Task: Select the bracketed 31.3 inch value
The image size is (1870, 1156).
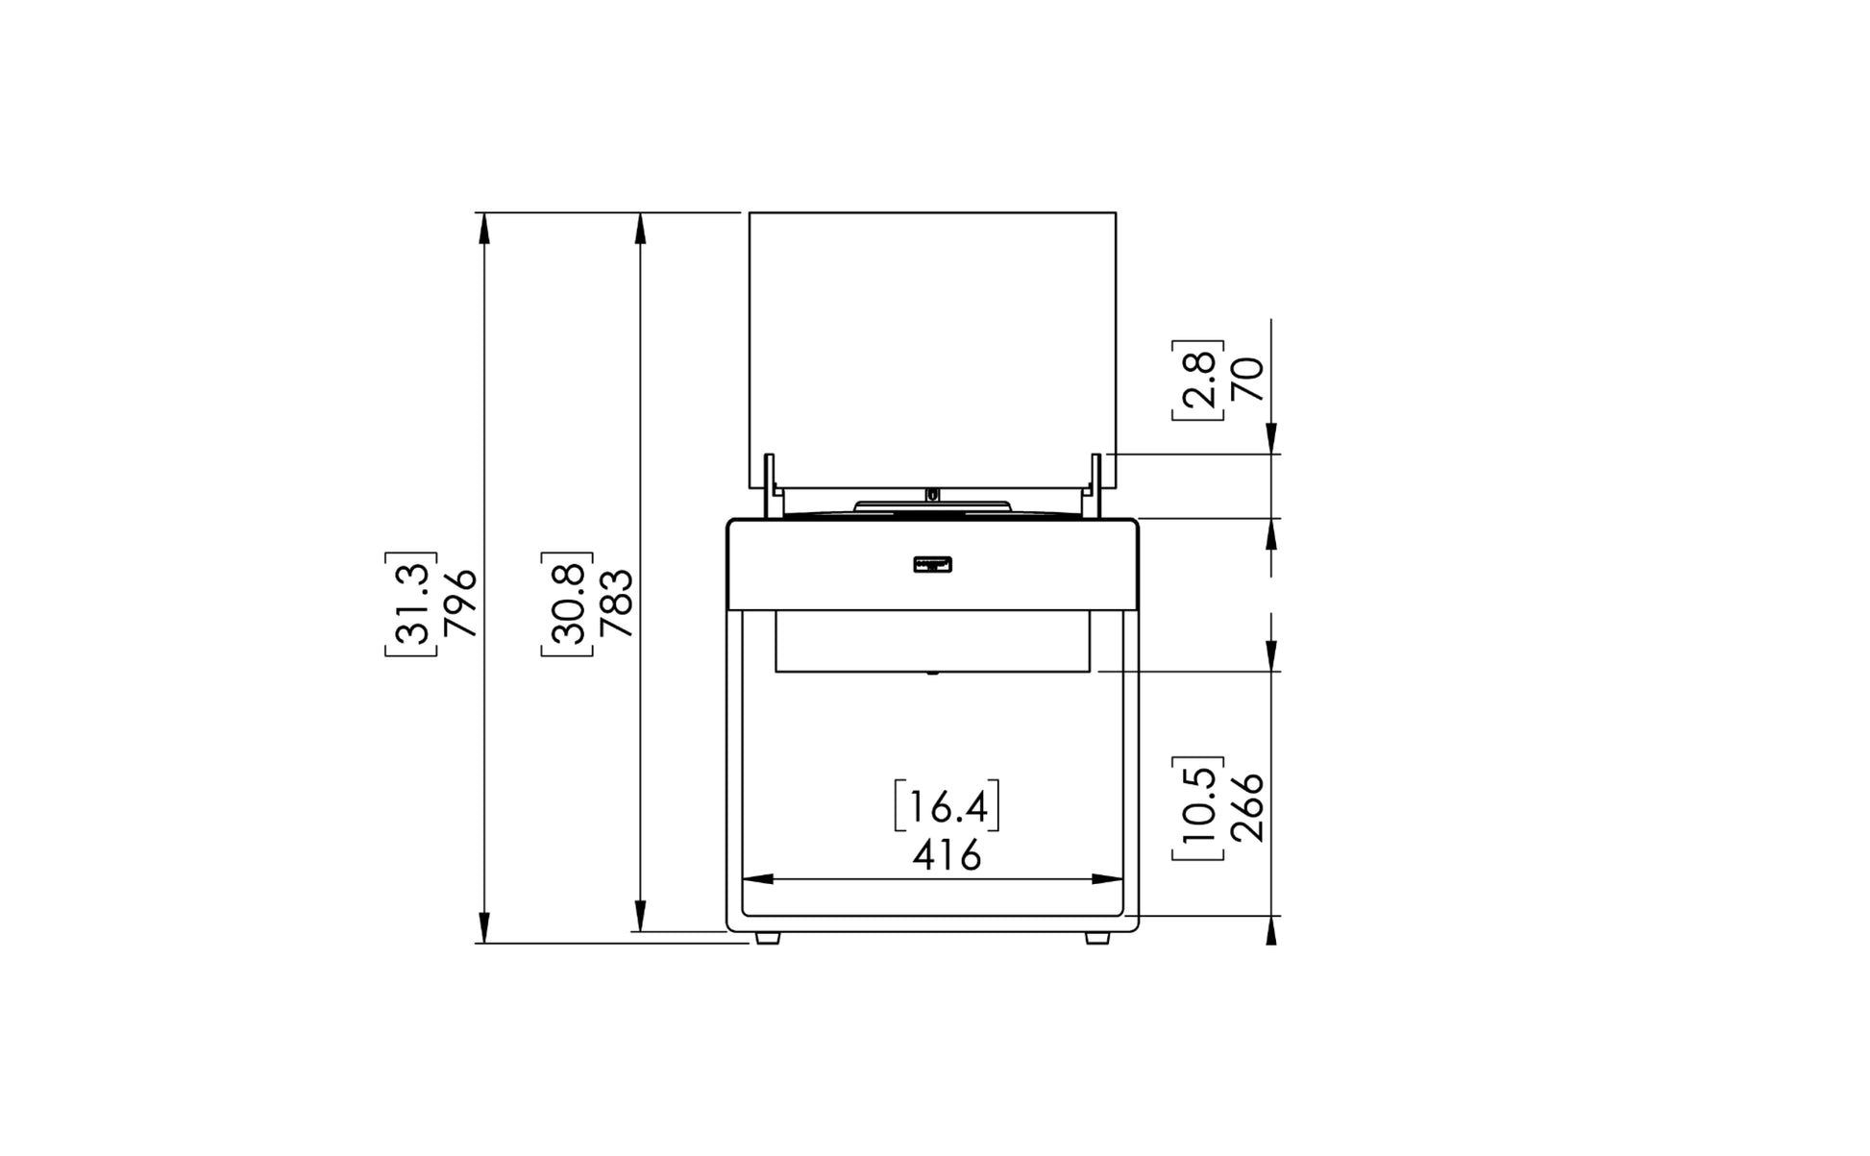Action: (411, 603)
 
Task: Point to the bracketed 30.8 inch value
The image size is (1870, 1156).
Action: (567, 603)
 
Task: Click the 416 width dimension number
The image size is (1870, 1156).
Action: (947, 854)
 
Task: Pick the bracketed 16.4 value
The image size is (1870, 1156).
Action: (947, 806)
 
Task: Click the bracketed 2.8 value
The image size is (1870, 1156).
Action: (1197, 380)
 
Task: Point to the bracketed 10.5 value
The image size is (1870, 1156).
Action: (1197, 807)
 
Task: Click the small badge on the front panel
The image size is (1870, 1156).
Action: (932, 565)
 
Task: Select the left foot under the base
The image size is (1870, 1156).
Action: (767, 938)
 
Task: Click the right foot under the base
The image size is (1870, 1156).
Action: (1096, 938)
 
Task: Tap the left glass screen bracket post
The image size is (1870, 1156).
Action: (770, 486)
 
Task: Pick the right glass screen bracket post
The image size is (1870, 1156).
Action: (1095, 486)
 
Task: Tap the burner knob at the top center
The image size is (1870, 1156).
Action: (932, 495)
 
